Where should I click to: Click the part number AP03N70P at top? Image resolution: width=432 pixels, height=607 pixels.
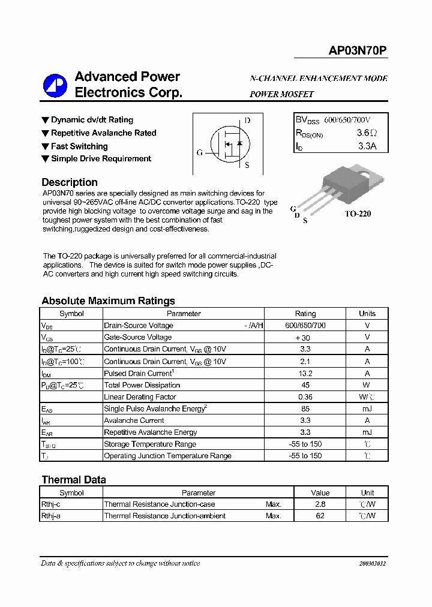point(358,52)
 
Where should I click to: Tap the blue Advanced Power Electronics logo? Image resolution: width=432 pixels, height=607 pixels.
point(55,86)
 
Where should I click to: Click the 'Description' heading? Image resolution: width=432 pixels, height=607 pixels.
point(70,182)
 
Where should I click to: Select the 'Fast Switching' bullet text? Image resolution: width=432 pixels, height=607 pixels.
point(79,146)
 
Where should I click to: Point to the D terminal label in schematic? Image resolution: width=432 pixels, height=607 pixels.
point(247,121)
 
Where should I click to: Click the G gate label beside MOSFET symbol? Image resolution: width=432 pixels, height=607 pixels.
point(200,152)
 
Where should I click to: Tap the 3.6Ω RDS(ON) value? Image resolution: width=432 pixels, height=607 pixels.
point(367,133)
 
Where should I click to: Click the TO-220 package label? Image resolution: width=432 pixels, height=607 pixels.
point(358,214)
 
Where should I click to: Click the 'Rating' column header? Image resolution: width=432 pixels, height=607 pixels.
point(305,314)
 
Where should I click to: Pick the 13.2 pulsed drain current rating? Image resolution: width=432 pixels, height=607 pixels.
point(305,373)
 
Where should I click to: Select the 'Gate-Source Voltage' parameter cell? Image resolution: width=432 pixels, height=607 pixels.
point(138,338)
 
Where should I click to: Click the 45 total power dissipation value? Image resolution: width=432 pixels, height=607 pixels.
point(305,385)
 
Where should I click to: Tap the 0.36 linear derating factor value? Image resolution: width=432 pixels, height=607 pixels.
point(305,397)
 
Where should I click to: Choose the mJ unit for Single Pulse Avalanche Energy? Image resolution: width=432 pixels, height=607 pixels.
point(367,408)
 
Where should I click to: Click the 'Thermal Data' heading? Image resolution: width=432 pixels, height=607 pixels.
point(74,480)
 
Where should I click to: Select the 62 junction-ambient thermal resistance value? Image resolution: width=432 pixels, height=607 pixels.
point(320,516)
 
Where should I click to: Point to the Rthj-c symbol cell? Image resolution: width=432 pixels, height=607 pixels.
point(51,504)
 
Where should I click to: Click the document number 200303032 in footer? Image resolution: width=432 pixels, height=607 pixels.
point(373,563)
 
